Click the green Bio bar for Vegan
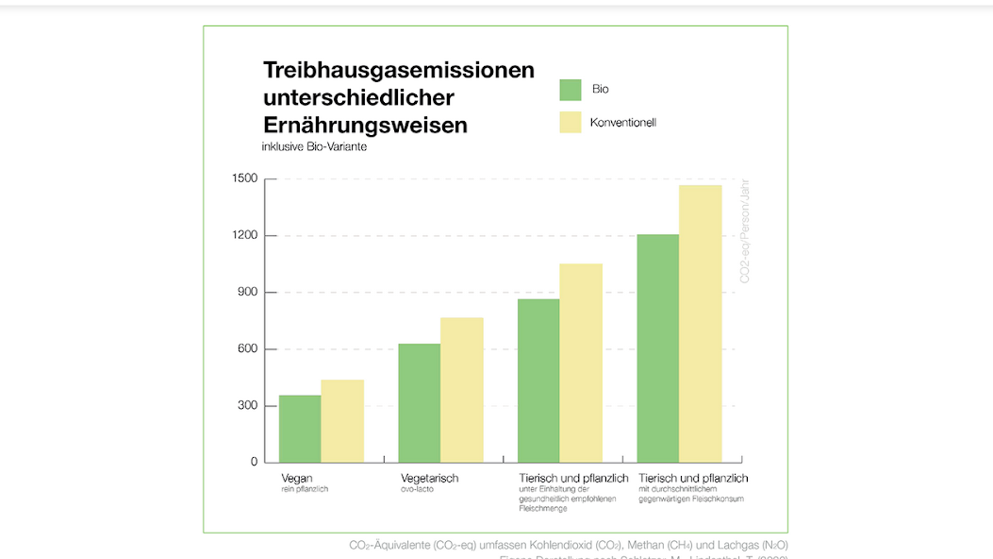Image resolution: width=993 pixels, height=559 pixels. [x=300, y=429]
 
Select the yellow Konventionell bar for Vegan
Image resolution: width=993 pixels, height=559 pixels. [x=342, y=421]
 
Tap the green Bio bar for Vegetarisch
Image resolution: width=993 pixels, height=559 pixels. [x=420, y=403]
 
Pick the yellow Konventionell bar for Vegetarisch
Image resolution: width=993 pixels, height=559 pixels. [x=462, y=390]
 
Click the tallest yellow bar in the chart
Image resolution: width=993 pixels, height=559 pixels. [x=701, y=324]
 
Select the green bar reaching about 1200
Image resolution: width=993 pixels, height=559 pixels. [x=658, y=348]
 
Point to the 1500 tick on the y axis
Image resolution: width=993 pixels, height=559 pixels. [x=244, y=179]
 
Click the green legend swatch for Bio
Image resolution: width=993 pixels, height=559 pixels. [x=571, y=90]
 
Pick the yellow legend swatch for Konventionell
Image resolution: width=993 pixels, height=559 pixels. [x=571, y=123]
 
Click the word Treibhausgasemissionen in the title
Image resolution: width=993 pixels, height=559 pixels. [x=399, y=71]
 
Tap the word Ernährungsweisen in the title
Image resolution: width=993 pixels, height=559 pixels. [x=365, y=126]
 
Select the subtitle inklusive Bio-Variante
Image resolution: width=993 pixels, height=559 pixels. [x=313, y=147]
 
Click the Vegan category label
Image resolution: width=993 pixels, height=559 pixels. [x=297, y=479]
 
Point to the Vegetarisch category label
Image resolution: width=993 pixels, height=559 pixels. [x=430, y=479]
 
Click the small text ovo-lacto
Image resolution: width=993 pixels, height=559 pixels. [x=417, y=490]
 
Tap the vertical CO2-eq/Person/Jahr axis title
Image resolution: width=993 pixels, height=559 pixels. [x=745, y=231]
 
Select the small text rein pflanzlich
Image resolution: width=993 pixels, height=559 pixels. [x=305, y=490]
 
